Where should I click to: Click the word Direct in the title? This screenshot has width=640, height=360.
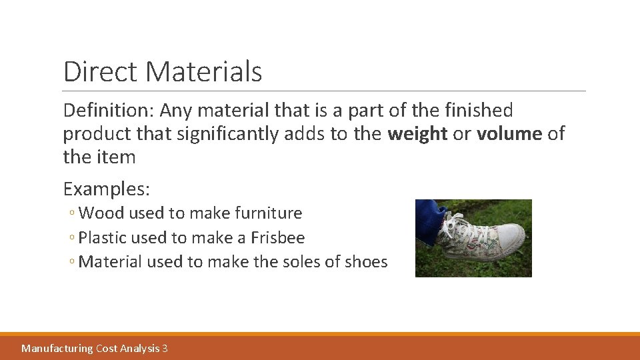(x=99, y=71)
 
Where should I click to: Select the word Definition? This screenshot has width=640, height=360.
(x=107, y=110)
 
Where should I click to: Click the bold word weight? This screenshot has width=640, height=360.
(x=417, y=134)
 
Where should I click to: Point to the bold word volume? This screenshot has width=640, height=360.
(x=509, y=134)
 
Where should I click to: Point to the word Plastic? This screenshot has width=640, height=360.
(x=103, y=237)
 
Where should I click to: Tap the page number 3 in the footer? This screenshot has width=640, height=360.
(x=165, y=348)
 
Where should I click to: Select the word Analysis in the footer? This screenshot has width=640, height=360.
(x=138, y=348)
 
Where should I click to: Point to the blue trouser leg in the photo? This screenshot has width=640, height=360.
(x=430, y=217)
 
